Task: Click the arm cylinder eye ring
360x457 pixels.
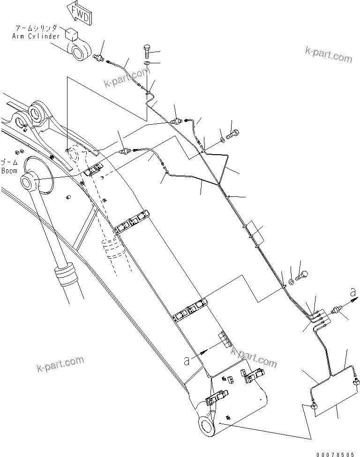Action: (79, 51)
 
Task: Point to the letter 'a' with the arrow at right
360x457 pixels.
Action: (352, 293)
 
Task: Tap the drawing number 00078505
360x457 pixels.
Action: (335, 453)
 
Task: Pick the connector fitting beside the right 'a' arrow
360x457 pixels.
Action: (336, 310)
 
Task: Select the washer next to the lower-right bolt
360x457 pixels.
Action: (292, 281)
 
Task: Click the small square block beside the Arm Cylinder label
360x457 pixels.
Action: (71, 34)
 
